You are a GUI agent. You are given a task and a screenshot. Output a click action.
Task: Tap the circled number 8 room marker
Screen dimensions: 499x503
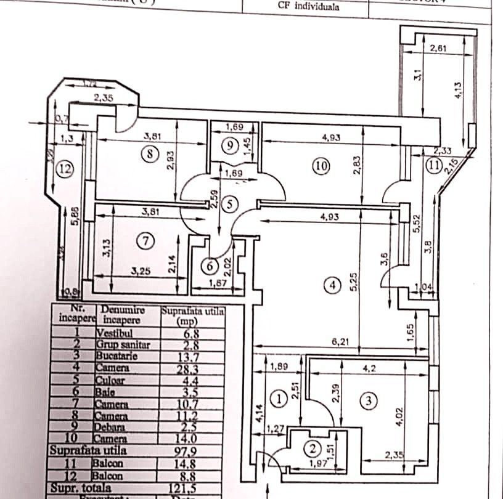click(150, 154)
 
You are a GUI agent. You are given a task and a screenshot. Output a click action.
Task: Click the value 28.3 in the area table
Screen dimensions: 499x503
click(193, 369)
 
